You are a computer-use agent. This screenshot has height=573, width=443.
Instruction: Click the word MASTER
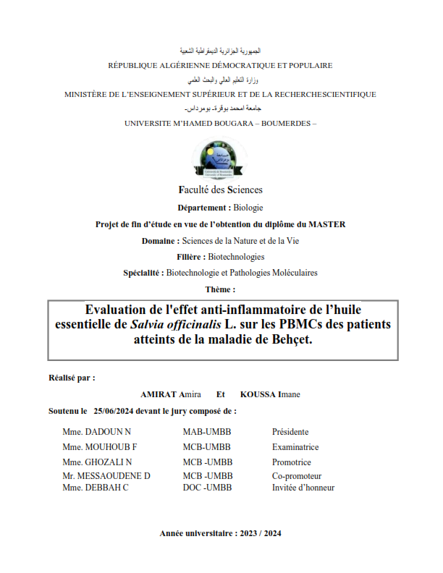[x=328, y=224]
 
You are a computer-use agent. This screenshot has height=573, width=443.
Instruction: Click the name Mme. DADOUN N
[x=96, y=432]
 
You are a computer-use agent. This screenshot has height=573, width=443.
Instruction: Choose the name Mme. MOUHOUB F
[x=100, y=447]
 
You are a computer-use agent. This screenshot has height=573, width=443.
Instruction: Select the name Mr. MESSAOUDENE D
[x=106, y=476]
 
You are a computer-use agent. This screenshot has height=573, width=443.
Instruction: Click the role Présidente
[x=290, y=432]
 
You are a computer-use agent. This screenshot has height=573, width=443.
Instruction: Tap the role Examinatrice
[x=295, y=447]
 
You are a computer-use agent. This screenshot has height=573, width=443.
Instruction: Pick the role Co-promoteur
[x=297, y=476]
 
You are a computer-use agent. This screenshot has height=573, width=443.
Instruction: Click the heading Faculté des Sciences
[x=221, y=190]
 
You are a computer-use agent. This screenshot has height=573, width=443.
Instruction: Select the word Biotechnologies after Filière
[x=236, y=257]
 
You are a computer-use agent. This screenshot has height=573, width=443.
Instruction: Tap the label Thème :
[x=221, y=289]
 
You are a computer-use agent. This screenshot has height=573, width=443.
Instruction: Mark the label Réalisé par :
[x=72, y=378]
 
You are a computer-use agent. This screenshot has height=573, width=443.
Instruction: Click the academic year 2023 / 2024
[x=259, y=533]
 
